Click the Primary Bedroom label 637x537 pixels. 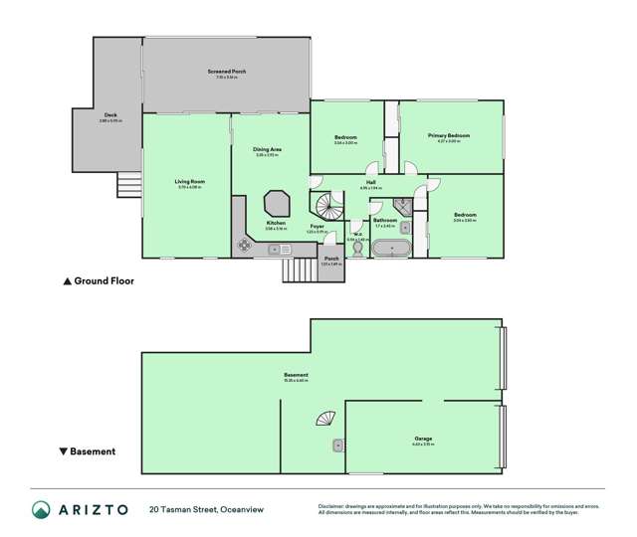[x=449, y=135]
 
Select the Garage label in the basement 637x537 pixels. [x=422, y=438]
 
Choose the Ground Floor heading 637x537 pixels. [x=99, y=281]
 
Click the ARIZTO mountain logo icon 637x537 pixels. [x=41, y=509]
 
